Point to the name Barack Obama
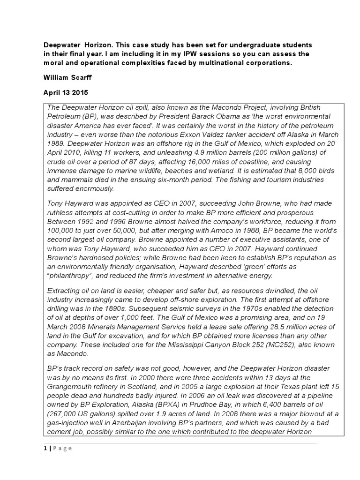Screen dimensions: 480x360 tap(227, 116)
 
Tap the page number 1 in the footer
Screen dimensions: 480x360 tap(45, 448)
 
